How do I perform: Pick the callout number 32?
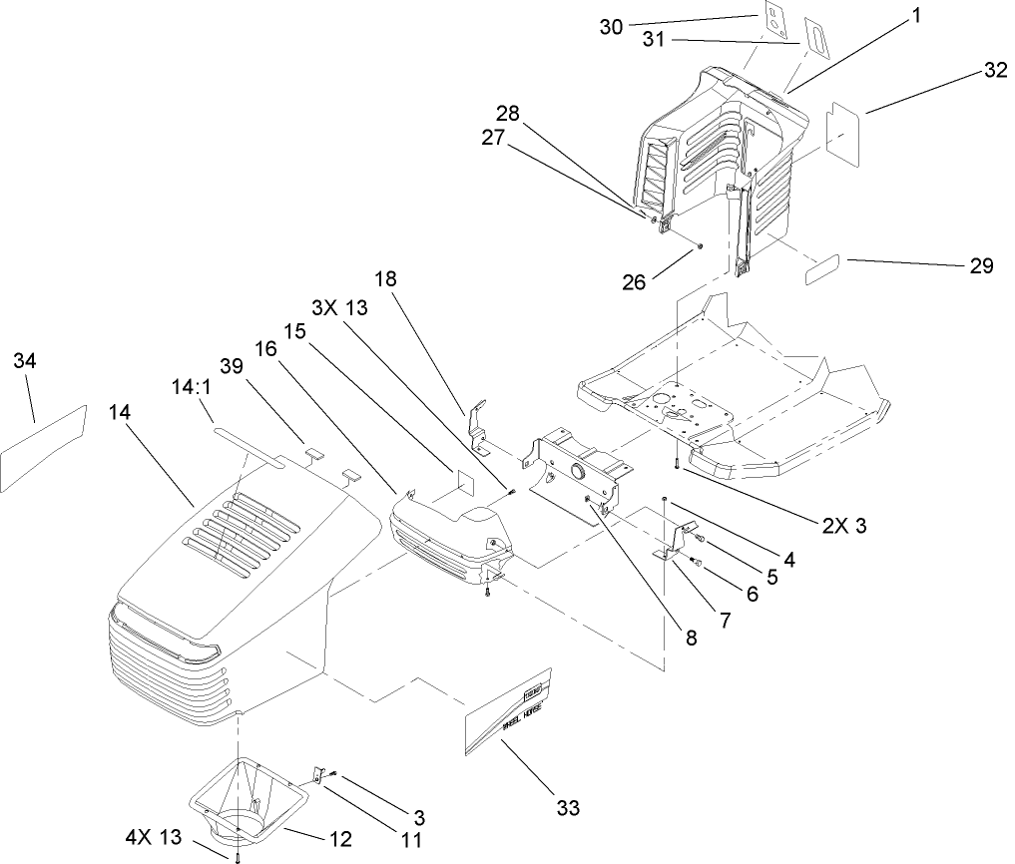[x=994, y=71]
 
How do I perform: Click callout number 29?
[x=981, y=265]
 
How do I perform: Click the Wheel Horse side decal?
[x=509, y=711]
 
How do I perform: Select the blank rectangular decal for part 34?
[x=43, y=449]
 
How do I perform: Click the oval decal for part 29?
[x=824, y=269]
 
